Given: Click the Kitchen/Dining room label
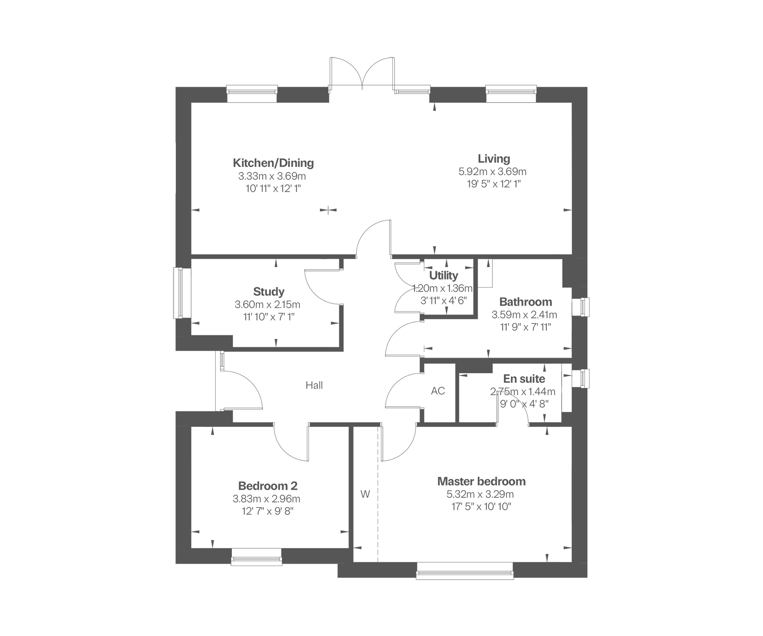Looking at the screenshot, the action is [x=273, y=163].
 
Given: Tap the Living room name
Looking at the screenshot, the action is [x=494, y=159].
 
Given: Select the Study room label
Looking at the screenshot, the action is [x=269, y=292].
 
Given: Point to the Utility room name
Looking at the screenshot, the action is [x=443, y=276].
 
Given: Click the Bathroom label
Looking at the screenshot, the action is [x=526, y=302].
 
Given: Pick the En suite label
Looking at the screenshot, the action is [x=524, y=379].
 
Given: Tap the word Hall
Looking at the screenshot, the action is [x=314, y=385].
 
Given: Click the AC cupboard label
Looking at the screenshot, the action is [x=438, y=391].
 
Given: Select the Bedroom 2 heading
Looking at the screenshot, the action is [x=268, y=486].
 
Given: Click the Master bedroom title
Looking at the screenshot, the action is [x=482, y=481].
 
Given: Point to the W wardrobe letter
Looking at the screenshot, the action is [x=365, y=494].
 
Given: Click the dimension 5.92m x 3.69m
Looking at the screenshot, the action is [x=493, y=172].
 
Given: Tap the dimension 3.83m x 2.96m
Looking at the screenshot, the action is [x=267, y=499].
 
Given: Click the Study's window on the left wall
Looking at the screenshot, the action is [x=178, y=293].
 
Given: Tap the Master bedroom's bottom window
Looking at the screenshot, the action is [x=465, y=571].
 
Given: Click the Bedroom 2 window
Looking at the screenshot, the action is [x=256, y=557].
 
